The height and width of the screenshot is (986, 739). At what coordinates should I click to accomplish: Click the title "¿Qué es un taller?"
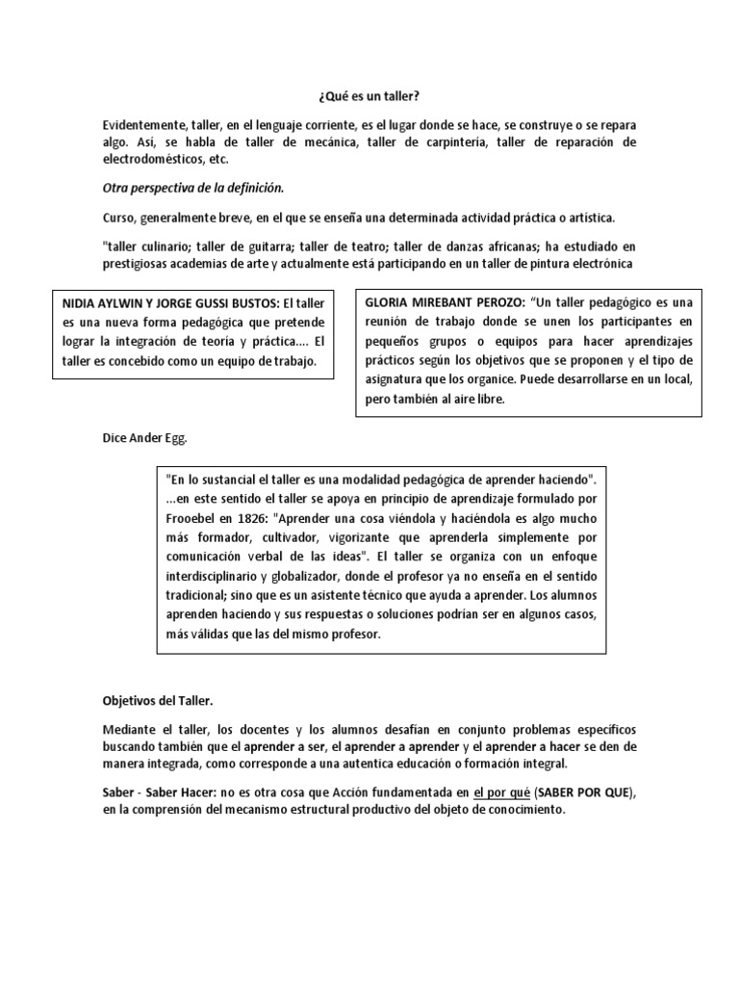(x=369, y=96)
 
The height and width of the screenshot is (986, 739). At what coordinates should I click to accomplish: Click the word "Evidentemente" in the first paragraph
(x=146, y=126)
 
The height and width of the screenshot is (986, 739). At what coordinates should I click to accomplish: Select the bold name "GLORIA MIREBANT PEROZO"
(x=440, y=301)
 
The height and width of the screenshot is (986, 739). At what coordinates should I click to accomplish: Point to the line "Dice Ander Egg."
(x=144, y=438)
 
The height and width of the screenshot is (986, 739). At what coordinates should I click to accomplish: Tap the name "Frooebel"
(x=192, y=514)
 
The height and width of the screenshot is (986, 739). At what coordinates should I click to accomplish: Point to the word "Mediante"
(x=129, y=730)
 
